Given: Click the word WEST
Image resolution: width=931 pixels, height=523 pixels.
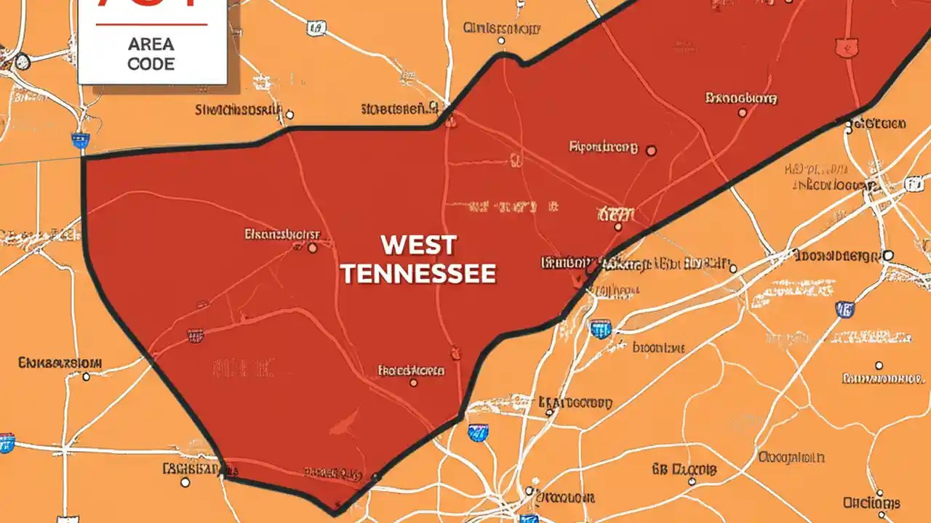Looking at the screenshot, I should [x=418, y=245].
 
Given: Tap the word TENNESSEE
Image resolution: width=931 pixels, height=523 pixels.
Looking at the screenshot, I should [x=418, y=273].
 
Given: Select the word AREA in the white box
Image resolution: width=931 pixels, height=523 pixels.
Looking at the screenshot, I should [x=151, y=44].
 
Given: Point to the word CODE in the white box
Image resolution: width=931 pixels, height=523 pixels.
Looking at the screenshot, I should [x=151, y=64].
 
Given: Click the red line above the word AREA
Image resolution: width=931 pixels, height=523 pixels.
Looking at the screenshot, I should [x=151, y=25].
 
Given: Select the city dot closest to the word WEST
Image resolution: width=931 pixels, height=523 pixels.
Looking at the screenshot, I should [x=313, y=248].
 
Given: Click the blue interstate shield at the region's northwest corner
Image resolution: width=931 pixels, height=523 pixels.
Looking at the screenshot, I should [x=79, y=140].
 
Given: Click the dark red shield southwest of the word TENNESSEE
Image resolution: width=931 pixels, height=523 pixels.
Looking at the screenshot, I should [x=195, y=335].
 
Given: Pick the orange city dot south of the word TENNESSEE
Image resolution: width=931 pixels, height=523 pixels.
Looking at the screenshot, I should [x=414, y=382].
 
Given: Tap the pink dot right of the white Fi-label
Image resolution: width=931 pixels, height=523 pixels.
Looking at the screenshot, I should [x=651, y=150].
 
